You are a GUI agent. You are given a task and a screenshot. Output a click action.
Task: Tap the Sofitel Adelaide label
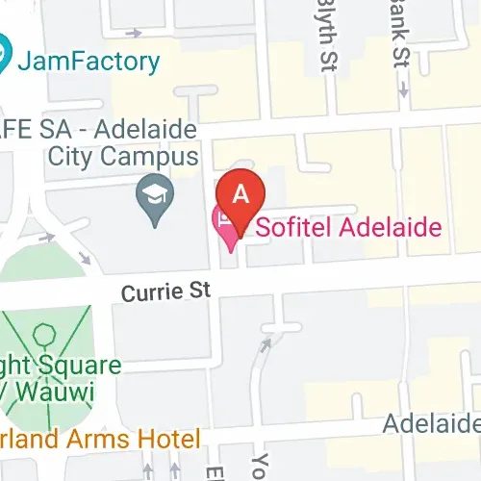tap(342, 227)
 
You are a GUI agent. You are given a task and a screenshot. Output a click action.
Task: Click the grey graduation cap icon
tap(155, 199)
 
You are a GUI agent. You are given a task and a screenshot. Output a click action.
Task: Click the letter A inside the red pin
tap(242, 192)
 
